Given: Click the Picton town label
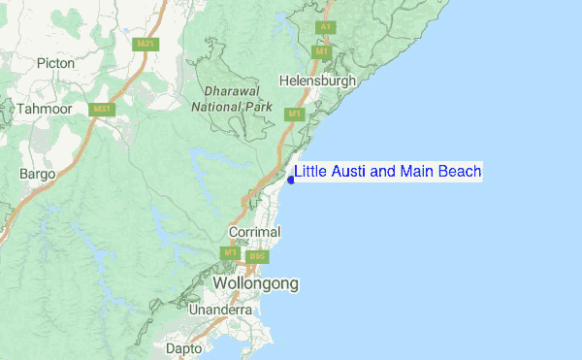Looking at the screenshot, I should click(x=55, y=63).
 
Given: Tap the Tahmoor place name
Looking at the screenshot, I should click(x=45, y=109).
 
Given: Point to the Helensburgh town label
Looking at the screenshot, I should click(x=317, y=81).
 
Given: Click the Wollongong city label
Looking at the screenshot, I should click(x=255, y=283).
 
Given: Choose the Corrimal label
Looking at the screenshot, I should click(x=254, y=233).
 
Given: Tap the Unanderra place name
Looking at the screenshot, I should click(x=221, y=310).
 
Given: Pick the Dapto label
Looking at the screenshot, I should click(x=184, y=347).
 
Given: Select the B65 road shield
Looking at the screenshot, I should click(x=257, y=257).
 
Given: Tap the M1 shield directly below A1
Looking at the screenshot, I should click(x=322, y=50).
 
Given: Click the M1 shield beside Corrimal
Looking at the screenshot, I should click(x=230, y=253).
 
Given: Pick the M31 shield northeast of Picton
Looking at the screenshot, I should click(x=146, y=44).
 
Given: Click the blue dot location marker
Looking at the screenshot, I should click(x=291, y=180).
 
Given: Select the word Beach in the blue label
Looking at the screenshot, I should click(x=460, y=172).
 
